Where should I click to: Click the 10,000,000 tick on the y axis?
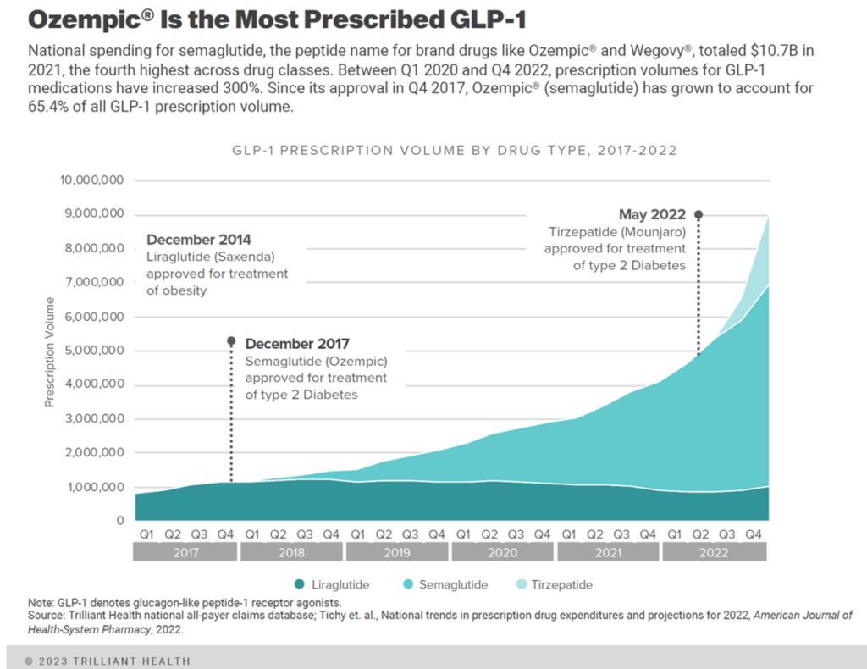pos(92,180)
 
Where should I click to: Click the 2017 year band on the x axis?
pos(185,552)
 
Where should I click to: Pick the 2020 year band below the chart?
pos(502,552)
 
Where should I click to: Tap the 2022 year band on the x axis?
pos(714,552)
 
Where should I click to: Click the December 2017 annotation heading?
pos(297,344)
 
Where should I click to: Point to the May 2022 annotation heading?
pos(651,214)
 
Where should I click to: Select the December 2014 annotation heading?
pos(199,240)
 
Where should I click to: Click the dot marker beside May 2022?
pos(699,215)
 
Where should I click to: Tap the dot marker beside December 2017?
pos(231,342)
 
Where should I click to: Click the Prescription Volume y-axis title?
pos(49,351)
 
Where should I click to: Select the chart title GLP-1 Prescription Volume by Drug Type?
pos(454,151)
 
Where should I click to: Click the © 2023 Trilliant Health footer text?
pos(108,661)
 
